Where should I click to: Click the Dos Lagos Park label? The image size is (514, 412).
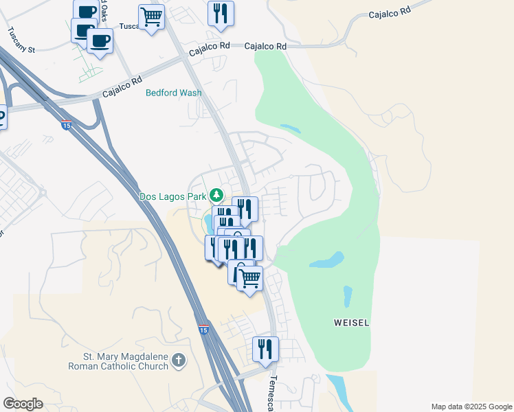[173, 196]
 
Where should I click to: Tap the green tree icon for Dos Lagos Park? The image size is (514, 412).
[217, 196]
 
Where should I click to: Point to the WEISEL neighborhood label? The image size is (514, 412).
[351, 323]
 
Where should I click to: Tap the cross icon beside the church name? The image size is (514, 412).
[179, 360]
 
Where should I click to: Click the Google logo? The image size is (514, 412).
[23, 404]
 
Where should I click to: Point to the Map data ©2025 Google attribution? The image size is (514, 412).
[471, 407]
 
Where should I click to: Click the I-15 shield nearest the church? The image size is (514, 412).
[203, 330]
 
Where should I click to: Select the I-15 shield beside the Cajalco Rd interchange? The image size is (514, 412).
[66, 125]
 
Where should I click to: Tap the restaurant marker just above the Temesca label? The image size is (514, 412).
[265, 349]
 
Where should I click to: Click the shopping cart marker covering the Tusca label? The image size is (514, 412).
[151, 16]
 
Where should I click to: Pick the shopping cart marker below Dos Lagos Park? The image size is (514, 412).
[250, 278]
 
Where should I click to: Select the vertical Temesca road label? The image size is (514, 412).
[272, 393]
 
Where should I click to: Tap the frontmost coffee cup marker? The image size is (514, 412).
[100, 41]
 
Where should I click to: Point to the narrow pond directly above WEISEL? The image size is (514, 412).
[347, 297]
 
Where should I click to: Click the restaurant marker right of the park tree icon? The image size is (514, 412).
[245, 209]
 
